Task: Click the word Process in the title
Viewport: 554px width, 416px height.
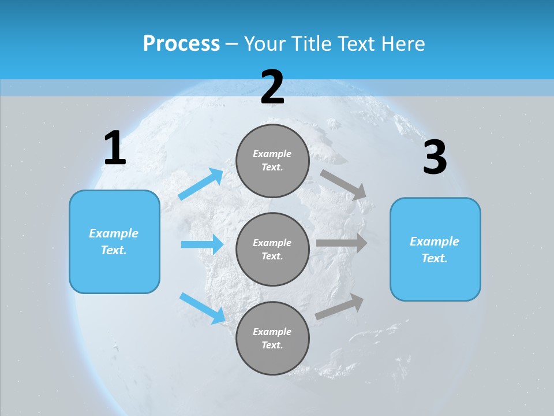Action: pos(181,44)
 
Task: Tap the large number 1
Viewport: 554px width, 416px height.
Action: pos(115,148)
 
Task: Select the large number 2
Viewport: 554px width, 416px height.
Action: pos(272,87)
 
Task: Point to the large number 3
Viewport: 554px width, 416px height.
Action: pos(435,157)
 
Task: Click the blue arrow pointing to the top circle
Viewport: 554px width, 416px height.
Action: pos(201,184)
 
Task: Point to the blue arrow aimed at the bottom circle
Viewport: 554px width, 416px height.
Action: pos(202,307)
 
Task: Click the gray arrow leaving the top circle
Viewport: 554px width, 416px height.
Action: pos(343,184)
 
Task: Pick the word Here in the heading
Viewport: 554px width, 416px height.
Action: pos(403,44)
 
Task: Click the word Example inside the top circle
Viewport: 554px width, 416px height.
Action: pos(272,154)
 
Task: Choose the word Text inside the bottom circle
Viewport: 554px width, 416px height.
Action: pos(271,345)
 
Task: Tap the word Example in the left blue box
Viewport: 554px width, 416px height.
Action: pos(114,233)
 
